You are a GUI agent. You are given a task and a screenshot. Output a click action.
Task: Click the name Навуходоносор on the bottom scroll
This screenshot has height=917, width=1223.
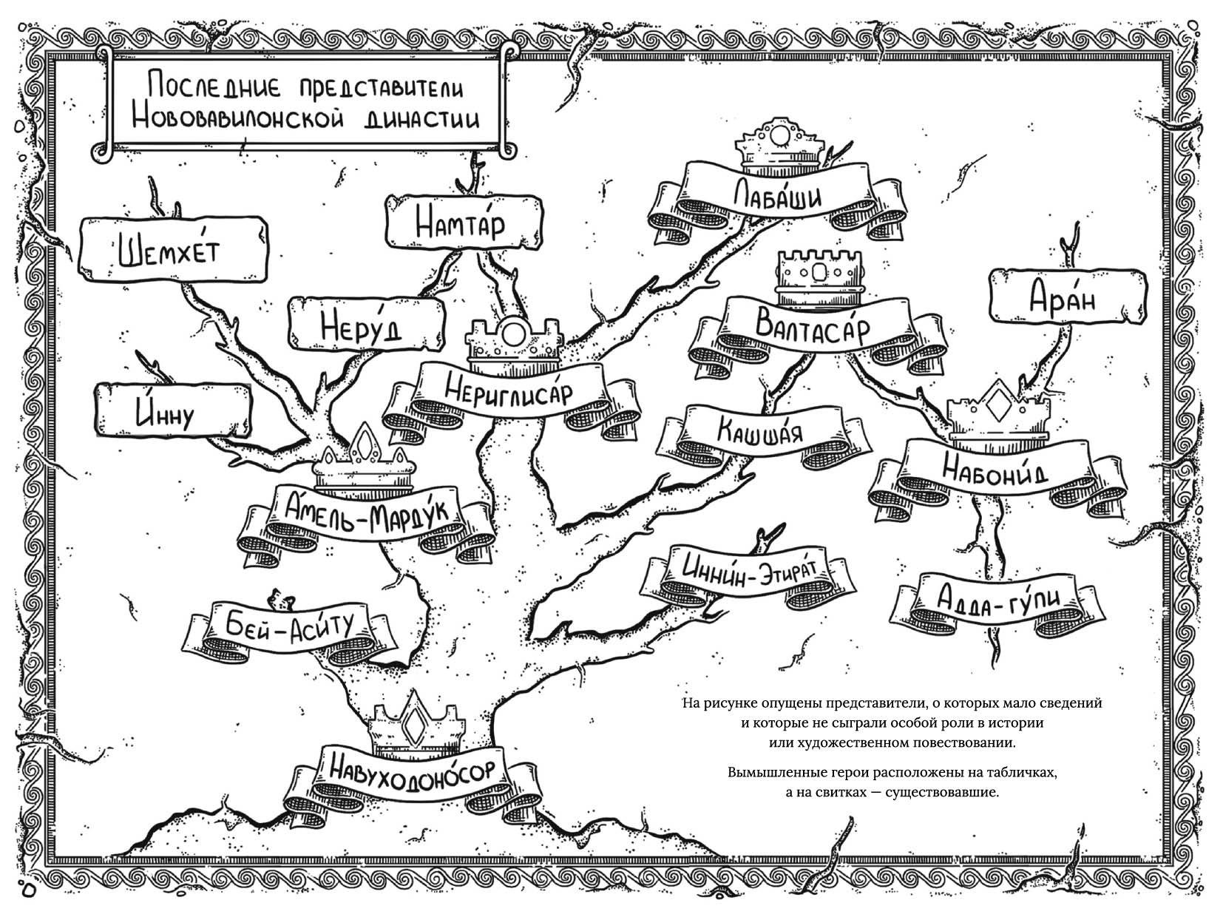pyautogui.click(x=412, y=771)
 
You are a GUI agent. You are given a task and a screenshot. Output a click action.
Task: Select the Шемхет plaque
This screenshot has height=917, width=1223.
pyautogui.click(x=173, y=250)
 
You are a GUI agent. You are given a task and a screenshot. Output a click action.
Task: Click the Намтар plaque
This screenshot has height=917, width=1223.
pyautogui.click(x=464, y=223)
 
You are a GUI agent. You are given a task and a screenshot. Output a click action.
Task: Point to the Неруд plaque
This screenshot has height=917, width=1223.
pyautogui.click(x=366, y=324)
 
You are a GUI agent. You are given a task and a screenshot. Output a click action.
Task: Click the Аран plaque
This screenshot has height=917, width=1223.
pyautogui.click(x=1068, y=297)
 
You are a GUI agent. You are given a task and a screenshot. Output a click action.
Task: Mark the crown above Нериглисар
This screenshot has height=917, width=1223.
pyautogui.click(x=515, y=343)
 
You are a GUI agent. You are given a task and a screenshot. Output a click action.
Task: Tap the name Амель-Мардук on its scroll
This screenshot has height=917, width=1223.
pyautogui.click(x=367, y=510)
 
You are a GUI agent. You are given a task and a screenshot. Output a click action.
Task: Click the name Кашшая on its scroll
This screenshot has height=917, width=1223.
pyautogui.click(x=761, y=430)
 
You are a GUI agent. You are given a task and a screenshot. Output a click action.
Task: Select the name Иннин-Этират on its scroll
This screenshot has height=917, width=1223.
pyautogui.click(x=749, y=572)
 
